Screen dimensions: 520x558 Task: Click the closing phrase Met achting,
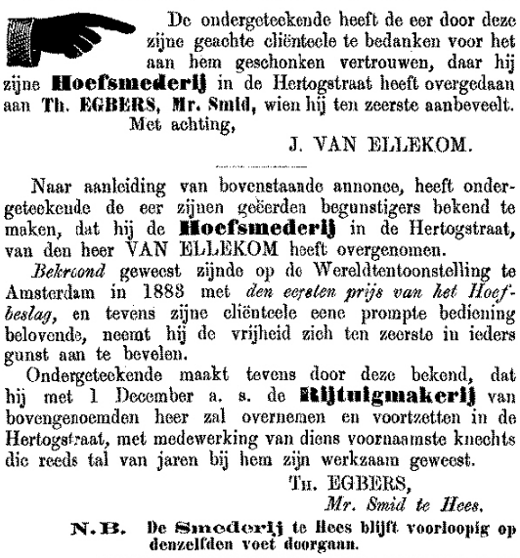click(82, 120)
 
